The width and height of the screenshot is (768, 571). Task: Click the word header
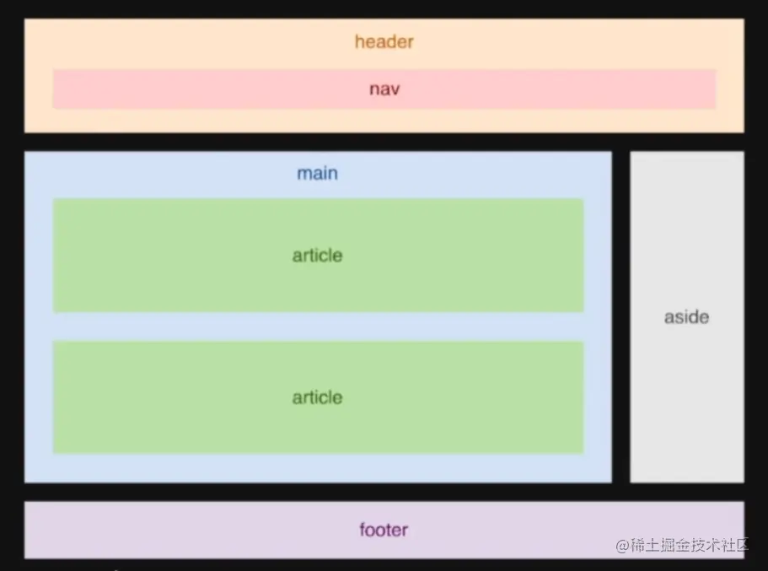click(384, 41)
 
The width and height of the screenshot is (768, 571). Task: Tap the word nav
click(384, 89)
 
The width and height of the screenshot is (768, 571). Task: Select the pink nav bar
click(384, 89)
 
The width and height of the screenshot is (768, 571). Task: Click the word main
click(317, 173)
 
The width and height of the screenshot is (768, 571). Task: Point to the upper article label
click(317, 255)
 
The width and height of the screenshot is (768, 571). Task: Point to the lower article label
click(317, 397)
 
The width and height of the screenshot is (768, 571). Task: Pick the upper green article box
click(319, 255)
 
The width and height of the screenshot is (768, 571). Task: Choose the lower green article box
click(319, 397)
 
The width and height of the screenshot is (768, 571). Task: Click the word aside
click(687, 317)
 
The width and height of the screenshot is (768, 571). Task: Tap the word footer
click(384, 530)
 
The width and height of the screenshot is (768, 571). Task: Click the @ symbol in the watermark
click(622, 546)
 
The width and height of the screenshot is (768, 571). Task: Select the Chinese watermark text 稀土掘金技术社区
click(690, 545)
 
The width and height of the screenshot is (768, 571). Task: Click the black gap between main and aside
click(621, 317)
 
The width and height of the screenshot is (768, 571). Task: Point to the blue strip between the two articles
click(319, 326)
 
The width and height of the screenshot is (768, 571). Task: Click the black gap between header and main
click(384, 143)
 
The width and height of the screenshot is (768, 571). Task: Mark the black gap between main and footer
click(384, 492)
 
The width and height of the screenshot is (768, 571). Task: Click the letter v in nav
click(395, 90)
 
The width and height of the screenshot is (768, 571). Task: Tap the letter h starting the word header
click(359, 41)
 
